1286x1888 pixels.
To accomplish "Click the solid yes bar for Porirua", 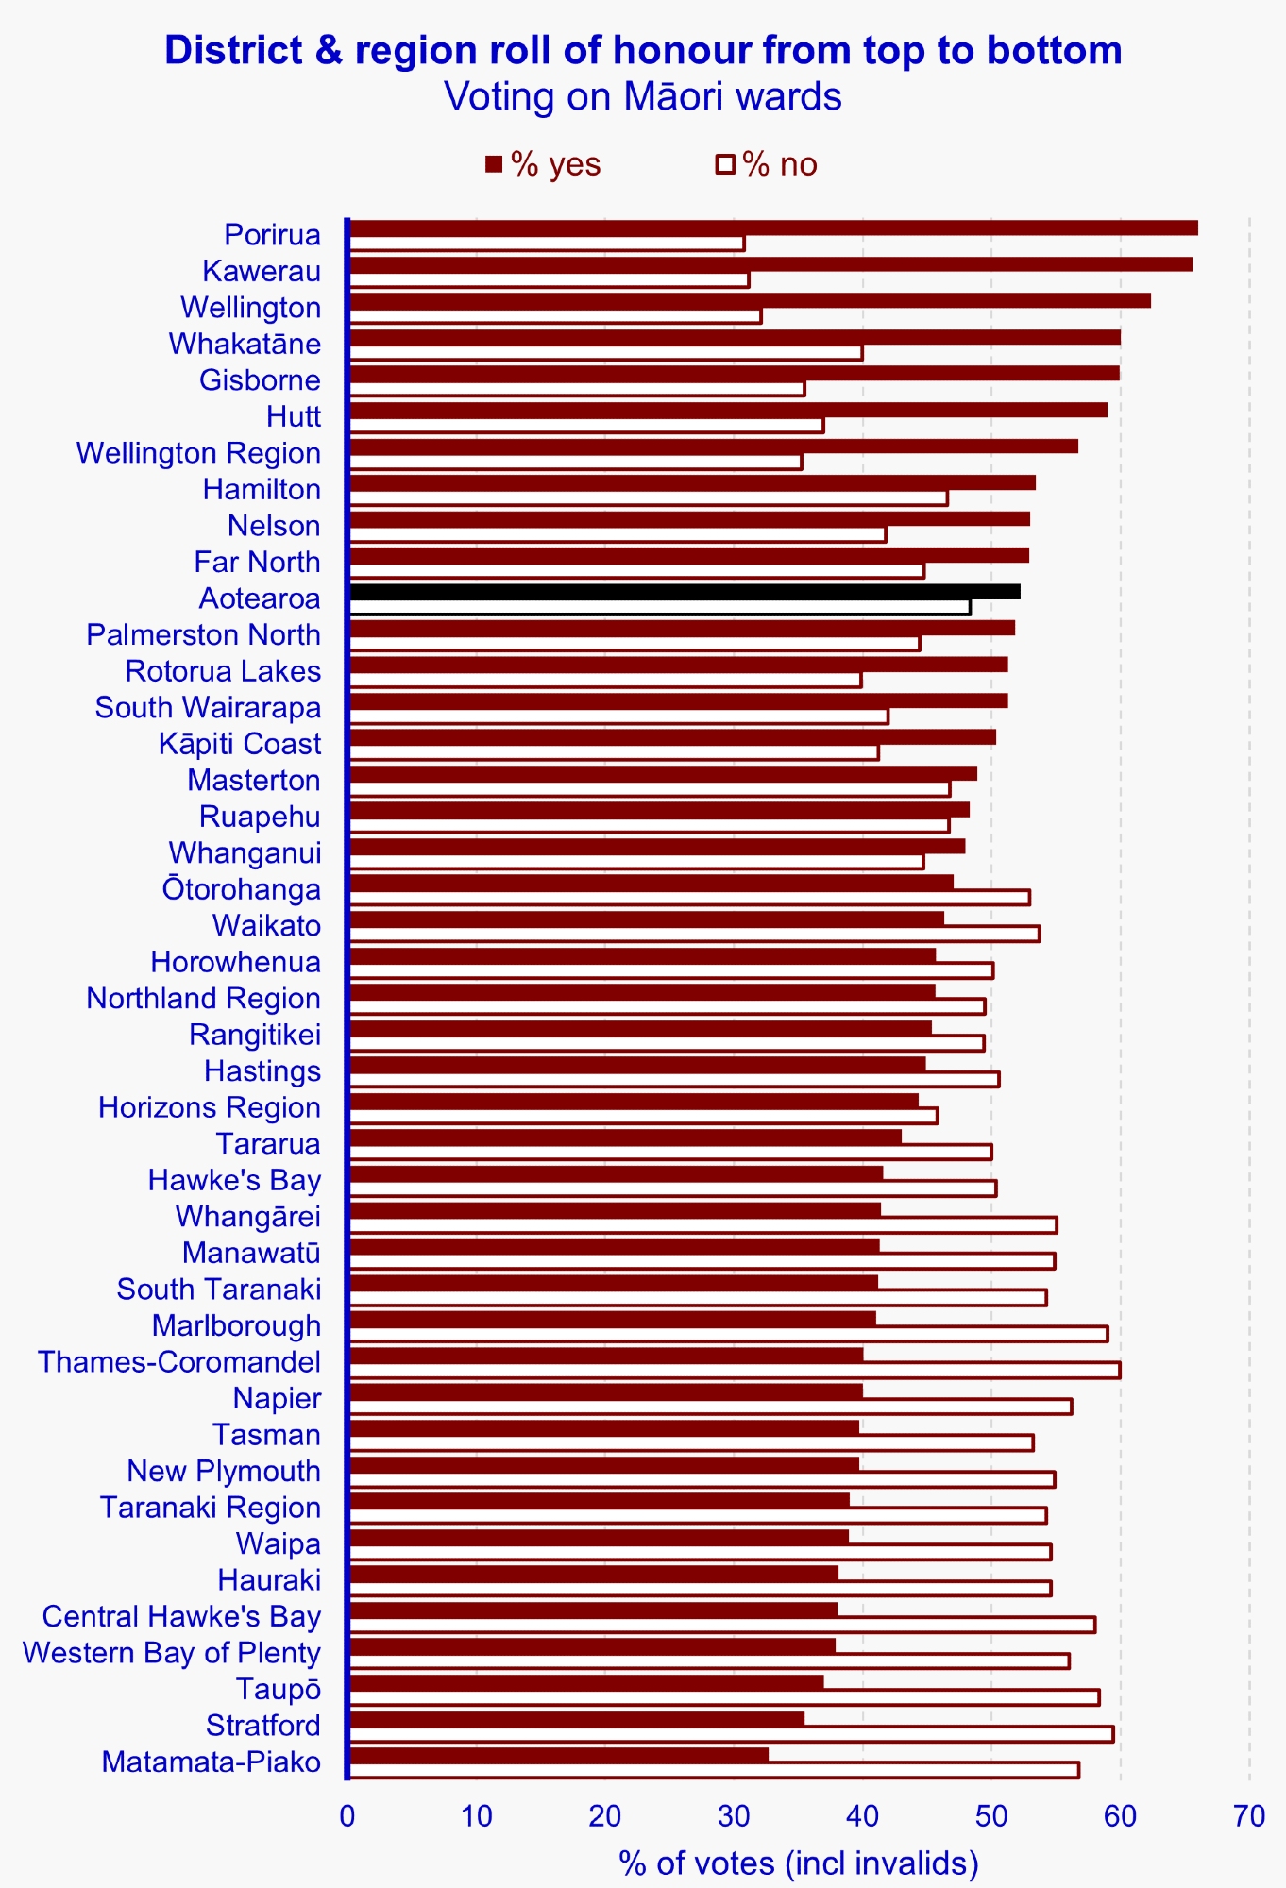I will [772, 228].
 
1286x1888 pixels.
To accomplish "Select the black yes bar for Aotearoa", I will [685, 592].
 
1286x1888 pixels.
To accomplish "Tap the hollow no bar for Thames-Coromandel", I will [735, 1370].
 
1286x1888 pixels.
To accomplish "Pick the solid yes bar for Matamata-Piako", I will [558, 1755].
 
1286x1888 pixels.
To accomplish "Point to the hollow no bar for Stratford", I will [731, 1733].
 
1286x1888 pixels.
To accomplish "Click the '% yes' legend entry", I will [543, 164].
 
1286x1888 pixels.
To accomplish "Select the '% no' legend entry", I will [767, 164].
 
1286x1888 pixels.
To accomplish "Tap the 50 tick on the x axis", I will [991, 1816].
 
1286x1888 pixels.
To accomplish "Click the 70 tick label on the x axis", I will [1249, 1816].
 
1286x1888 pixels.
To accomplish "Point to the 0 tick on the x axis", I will [347, 1816].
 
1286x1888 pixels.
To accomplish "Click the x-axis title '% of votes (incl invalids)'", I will [799, 1863].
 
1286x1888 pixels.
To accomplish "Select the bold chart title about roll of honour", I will [643, 50].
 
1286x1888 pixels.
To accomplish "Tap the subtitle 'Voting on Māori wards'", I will [643, 96].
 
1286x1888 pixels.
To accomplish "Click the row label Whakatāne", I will [245, 344].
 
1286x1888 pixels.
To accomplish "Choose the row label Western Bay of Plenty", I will [172, 1653].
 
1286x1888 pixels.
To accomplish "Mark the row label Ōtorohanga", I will [242, 889].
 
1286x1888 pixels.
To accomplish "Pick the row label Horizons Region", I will [210, 1107].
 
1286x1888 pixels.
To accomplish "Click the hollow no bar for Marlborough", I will [728, 1334].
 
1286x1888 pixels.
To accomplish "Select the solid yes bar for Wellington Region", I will [713, 446].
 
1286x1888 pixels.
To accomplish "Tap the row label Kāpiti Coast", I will [240, 744].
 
